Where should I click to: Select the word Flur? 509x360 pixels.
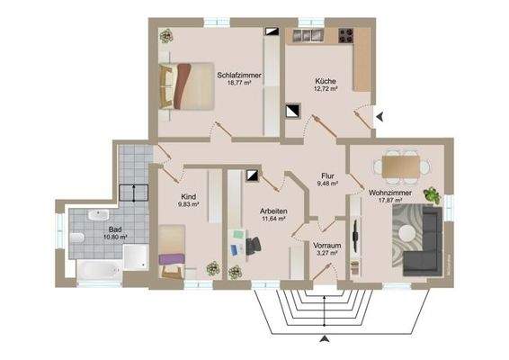[327, 175]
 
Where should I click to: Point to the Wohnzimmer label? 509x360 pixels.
[389, 193]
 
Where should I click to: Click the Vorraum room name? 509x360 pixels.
[326, 245]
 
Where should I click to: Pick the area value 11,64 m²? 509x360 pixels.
[272, 218]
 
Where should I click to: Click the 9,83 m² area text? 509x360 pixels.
[189, 204]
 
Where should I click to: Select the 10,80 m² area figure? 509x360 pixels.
[115, 238]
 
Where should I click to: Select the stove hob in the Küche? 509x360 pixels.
[345, 36]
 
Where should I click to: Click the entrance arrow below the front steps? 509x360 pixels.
[325, 338]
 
